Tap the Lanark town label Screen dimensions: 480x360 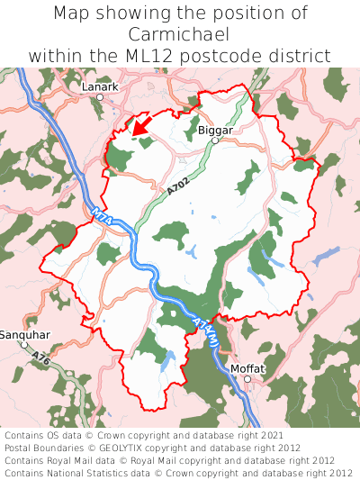click(x=99, y=86)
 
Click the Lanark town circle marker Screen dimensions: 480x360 click(x=100, y=96)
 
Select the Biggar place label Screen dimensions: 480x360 click(x=215, y=130)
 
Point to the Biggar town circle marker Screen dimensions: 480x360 click(x=215, y=140)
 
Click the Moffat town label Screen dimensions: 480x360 click(x=248, y=368)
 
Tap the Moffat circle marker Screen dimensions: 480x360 click(x=247, y=378)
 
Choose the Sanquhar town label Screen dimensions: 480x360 click(x=25, y=334)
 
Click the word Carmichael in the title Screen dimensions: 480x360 click(x=179, y=34)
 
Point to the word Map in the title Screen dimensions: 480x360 click(x=73, y=14)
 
